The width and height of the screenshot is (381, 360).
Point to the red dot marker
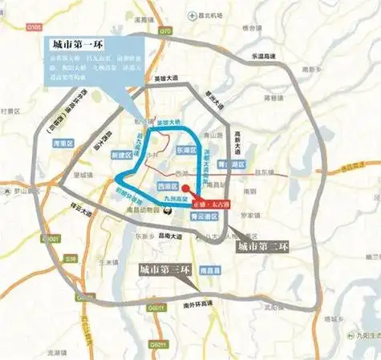pos(188,195)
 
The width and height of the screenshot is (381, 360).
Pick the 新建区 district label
pos(120,152)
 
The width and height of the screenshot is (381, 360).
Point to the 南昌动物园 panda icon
pos(167,210)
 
